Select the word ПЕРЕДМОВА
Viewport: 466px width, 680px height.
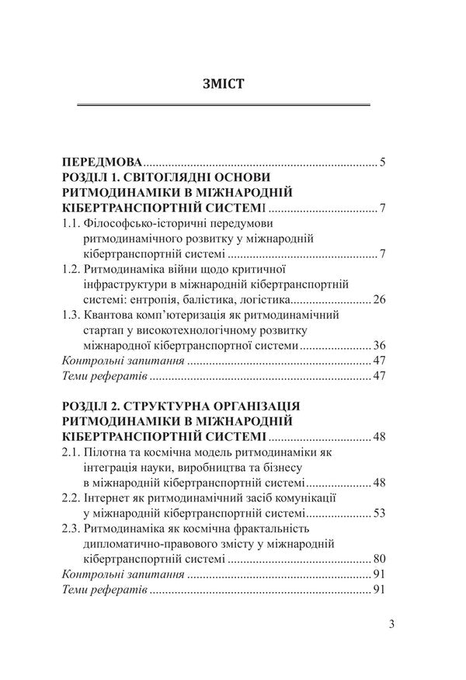[x=102, y=163]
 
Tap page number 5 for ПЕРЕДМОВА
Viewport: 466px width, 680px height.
[x=383, y=163]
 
